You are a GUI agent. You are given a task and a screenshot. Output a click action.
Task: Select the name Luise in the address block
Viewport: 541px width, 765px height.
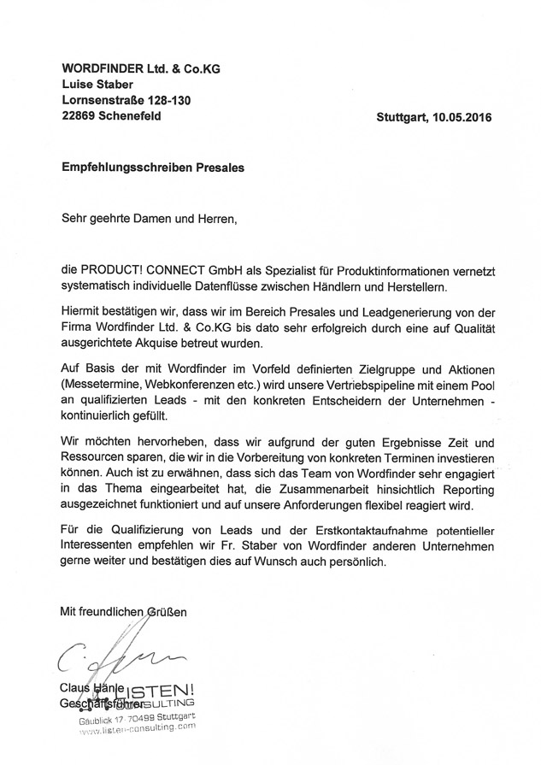[x=79, y=84]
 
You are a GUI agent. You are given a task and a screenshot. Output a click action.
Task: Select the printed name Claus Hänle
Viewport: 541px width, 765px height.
[x=92, y=689]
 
